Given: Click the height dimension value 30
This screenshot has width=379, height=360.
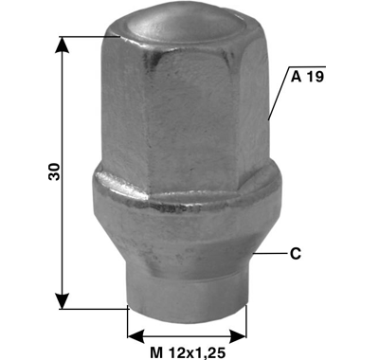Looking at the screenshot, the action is click(x=54, y=171).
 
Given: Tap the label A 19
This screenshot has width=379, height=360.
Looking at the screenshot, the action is click(x=307, y=77).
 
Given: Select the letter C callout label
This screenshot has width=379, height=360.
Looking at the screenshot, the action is click(x=296, y=254).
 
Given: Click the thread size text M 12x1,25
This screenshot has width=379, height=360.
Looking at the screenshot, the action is click(x=188, y=352).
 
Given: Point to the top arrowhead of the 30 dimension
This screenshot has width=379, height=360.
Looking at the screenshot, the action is click(x=63, y=45).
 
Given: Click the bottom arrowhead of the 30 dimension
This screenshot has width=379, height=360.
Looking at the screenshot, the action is click(x=63, y=301).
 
